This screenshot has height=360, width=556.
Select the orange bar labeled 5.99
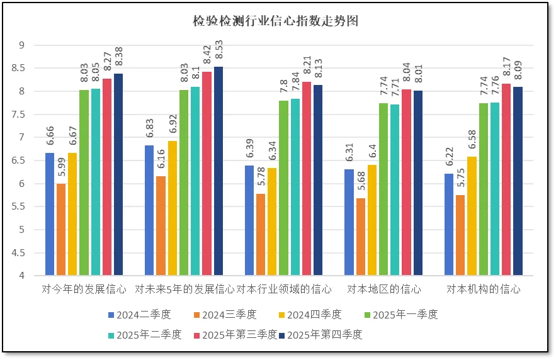point(61,230)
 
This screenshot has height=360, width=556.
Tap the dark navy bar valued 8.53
point(218,171)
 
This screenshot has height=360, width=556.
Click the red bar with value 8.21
point(307,179)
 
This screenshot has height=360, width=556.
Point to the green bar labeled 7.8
point(284,188)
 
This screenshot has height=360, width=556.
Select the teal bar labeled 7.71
point(395,190)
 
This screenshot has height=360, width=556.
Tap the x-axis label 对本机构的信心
point(484,290)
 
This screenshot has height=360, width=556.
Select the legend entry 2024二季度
point(139,315)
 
